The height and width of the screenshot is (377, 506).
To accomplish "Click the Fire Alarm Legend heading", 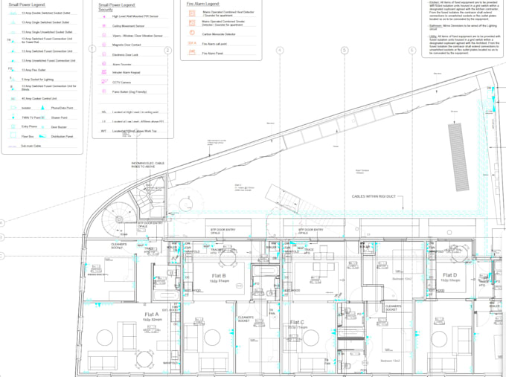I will click(x=203, y=4).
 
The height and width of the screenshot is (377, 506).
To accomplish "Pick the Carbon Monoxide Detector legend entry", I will click(x=219, y=34).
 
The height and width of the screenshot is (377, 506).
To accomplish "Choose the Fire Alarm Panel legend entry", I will click(x=213, y=54).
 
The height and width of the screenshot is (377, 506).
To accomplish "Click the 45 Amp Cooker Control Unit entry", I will click(x=41, y=97).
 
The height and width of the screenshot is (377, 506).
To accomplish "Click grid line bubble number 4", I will click(x=280, y=51).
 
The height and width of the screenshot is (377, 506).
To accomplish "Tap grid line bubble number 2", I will click(x=168, y=51).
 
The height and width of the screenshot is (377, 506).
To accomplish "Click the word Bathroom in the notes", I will click(x=438, y=25).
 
